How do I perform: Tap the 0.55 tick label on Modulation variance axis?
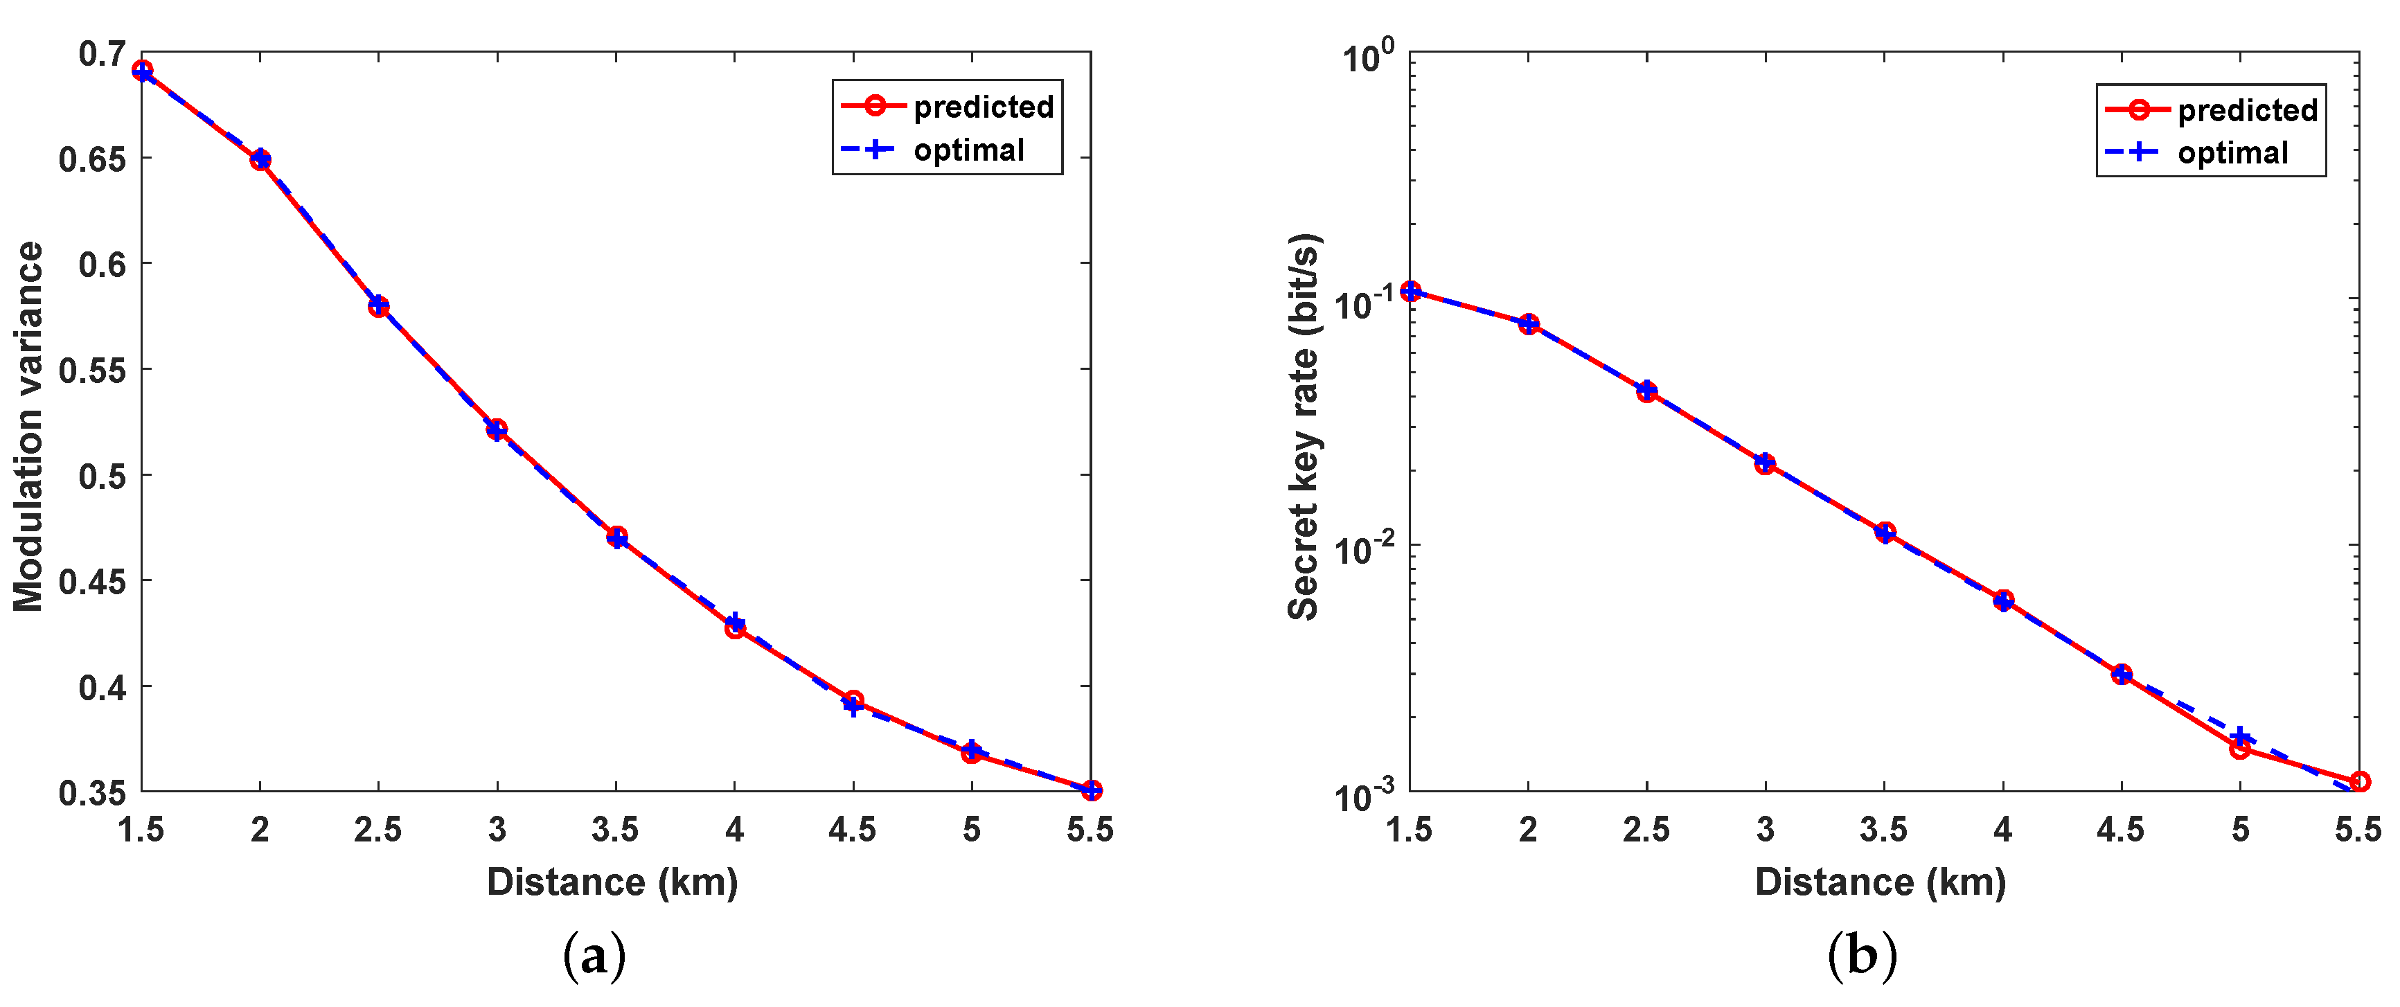tap(91, 371)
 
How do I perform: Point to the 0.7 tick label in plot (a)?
tap(100, 54)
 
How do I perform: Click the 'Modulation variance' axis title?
tap(28, 427)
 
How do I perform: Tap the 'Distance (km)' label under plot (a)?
tap(612, 881)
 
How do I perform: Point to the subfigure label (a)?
tap(594, 956)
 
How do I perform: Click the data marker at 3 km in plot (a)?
tap(497, 429)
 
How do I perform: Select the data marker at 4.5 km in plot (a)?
tap(853, 702)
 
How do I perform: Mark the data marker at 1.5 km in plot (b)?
tap(1410, 292)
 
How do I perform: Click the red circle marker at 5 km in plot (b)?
tap(2240, 748)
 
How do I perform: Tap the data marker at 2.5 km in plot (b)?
tap(1647, 391)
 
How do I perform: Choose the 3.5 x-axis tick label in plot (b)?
tap(1884, 829)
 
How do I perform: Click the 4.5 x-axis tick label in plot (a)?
tap(853, 829)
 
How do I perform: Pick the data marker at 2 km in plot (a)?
tap(260, 160)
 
